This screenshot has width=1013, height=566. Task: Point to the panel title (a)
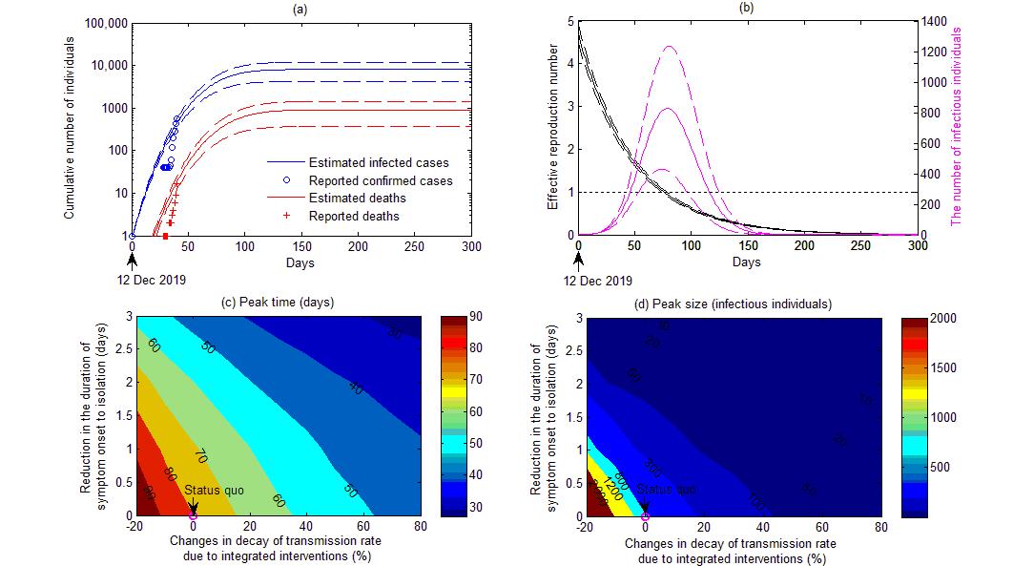coord(302,9)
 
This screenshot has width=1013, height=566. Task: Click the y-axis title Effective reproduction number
coord(552,128)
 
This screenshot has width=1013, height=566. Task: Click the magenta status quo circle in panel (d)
coord(646,515)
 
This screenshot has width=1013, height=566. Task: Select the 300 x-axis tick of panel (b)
coord(918,247)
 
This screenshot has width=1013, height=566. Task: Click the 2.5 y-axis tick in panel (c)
coord(122,350)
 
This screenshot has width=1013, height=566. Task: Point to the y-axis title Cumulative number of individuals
coord(70,128)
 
